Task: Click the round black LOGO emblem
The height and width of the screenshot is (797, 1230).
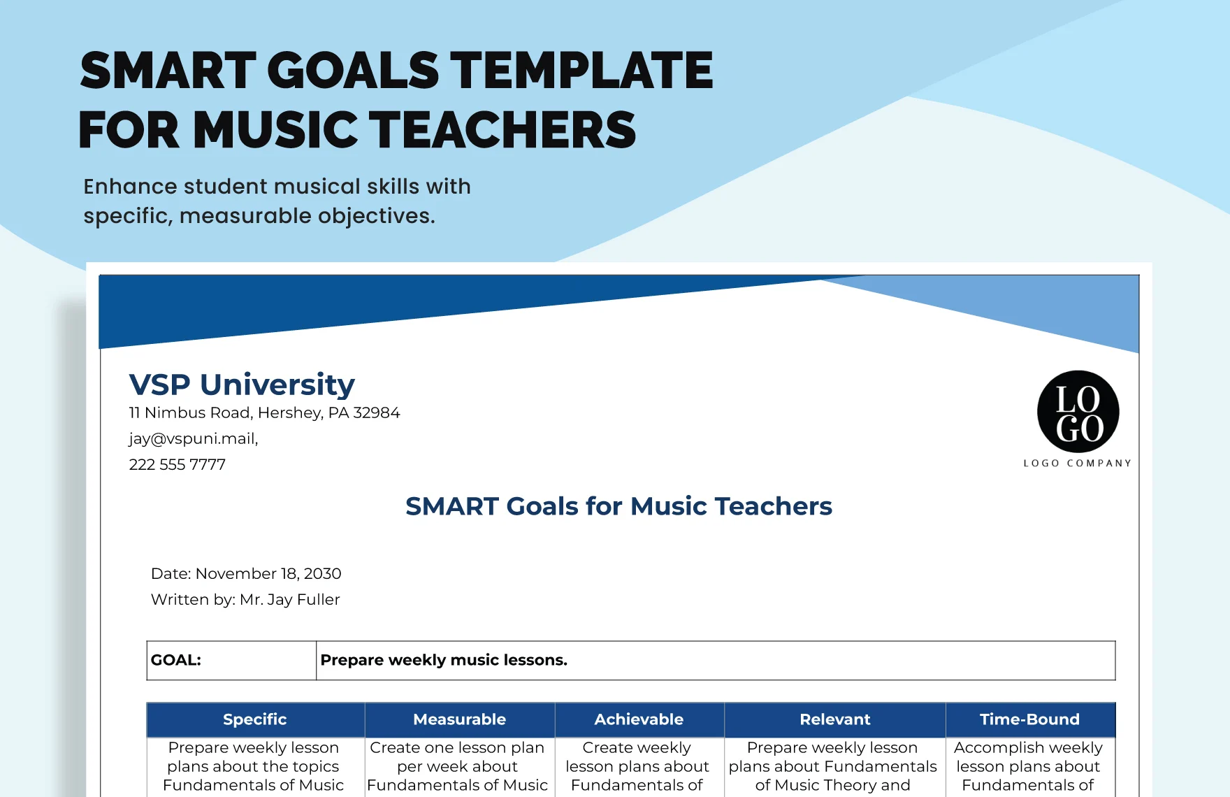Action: click(x=1078, y=412)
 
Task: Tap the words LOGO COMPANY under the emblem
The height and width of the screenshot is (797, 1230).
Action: click(x=1077, y=463)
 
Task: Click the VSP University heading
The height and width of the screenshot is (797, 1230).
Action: click(x=242, y=385)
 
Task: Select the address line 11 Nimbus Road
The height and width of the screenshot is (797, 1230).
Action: click(x=264, y=412)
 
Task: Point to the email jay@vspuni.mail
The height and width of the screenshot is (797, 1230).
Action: click(x=194, y=438)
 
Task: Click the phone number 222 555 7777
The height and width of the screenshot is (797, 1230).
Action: click(x=178, y=464)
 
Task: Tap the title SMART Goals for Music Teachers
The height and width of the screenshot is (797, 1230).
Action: click(x=618, y=506)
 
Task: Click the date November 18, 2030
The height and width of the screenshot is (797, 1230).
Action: click(x=268, y=573)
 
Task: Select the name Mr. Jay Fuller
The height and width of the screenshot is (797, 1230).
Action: click(x=289, y=599)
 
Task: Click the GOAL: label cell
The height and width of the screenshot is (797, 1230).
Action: click(x=231, y=660)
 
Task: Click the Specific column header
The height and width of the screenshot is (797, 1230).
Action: click(x=255, y=719)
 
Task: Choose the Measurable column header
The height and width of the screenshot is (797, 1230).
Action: click(x=460, y=719)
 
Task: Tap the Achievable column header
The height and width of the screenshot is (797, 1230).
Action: click(x=639, y=719)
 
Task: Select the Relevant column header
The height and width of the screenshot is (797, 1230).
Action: click(x=835, y=719)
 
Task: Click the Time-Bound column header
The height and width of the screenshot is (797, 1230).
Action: click(x=1029, y=719)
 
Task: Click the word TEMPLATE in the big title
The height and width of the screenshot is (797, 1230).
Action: click(x=581, y=71)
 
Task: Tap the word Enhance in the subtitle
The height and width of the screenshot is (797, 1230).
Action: click(x=130, y=187)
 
